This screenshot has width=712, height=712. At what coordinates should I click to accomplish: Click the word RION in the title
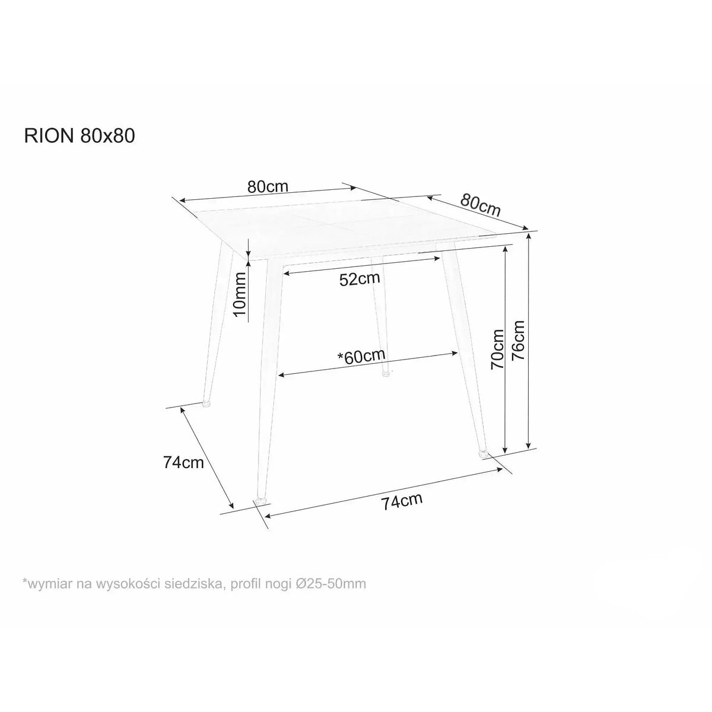tap(49, 136)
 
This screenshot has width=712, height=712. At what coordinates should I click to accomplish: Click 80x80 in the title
tap(107, 136)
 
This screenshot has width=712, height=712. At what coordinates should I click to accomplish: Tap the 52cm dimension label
tap(360, 279)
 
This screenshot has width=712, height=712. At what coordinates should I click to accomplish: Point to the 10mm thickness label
tap(240, 293)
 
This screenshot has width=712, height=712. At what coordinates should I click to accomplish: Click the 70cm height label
tap(497, 349)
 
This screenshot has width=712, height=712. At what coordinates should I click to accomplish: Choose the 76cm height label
tap(518, 340)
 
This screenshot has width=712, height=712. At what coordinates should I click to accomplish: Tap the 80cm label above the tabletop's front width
tap(268, 186)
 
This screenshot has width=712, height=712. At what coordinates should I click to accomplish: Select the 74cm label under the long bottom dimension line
tap(402, 502)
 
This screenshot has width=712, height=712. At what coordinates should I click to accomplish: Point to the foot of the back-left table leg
tap(206, 403)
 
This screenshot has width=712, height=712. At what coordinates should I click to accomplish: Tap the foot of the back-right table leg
tap(386, 373)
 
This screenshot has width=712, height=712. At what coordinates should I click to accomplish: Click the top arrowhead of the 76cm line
tap(529, 237)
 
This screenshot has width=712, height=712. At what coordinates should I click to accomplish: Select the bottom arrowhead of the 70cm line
tap(505, 449)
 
